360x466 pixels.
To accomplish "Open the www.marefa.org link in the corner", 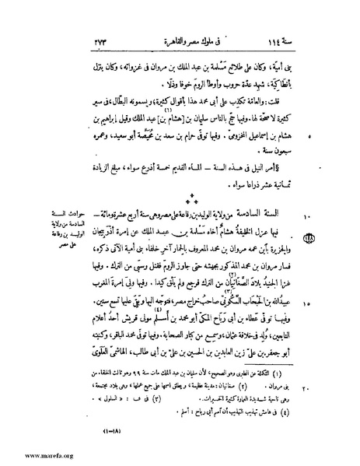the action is (30, 459).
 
